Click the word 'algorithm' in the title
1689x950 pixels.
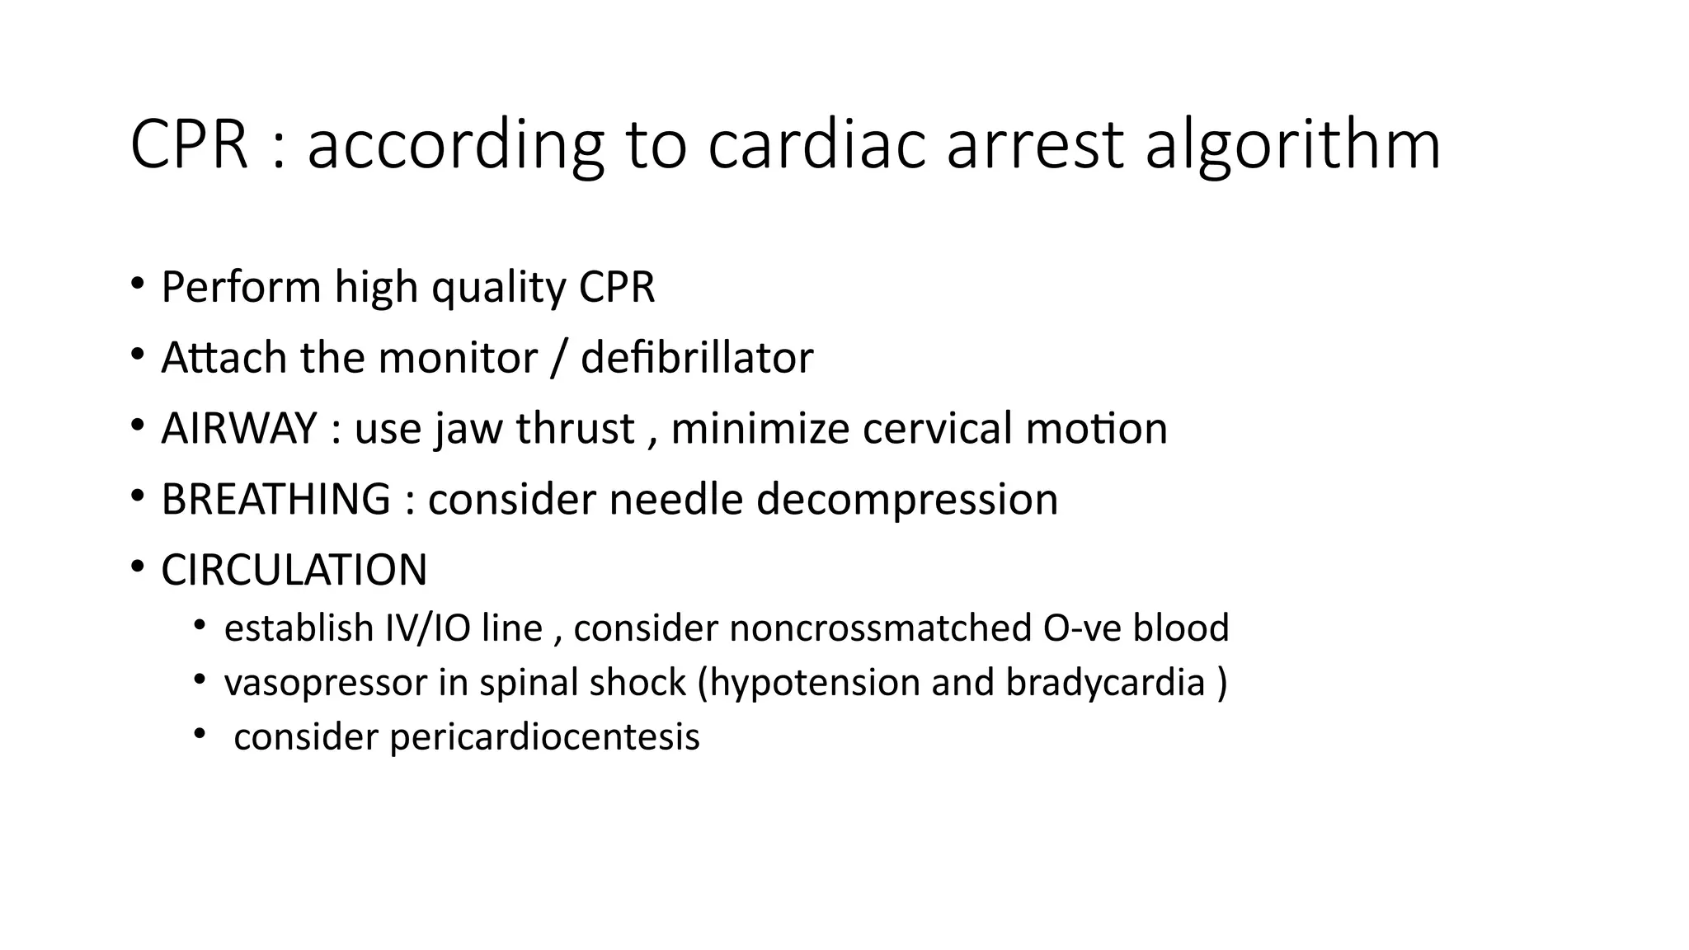1292,146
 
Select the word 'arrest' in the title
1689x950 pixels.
1035,146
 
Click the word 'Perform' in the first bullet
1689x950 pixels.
241,288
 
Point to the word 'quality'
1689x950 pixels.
498,288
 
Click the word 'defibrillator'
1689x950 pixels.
697,358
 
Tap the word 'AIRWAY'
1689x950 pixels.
239,429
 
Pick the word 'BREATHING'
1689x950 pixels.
275,500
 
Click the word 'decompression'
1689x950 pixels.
906,500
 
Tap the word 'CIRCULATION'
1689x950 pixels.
294,571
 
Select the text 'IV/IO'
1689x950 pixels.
428,628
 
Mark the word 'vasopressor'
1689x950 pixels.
326,683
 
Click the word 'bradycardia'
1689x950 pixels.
1105,683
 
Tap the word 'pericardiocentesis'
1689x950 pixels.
544,737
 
